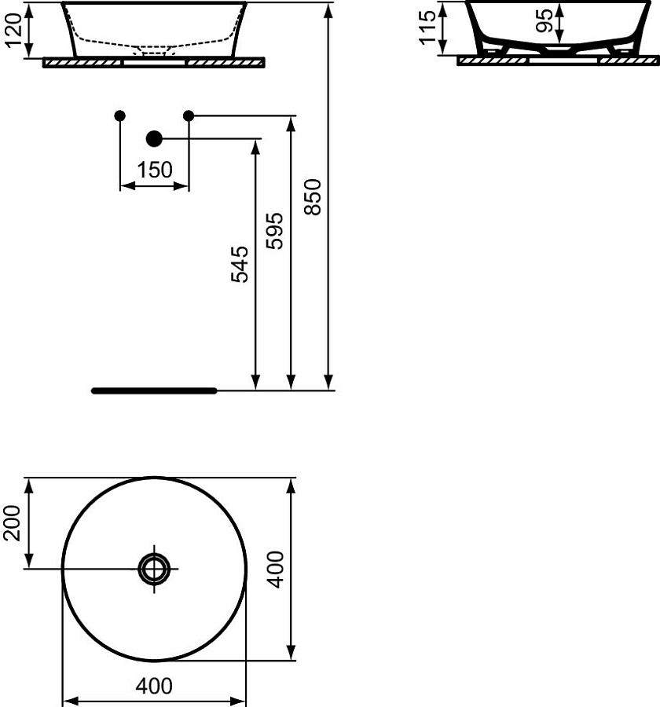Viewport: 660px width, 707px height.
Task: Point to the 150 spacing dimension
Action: click(x=154, y=170)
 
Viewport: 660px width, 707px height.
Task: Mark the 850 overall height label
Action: click(x=313, y=196)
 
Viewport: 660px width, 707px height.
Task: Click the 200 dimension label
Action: click(x=13, y=523)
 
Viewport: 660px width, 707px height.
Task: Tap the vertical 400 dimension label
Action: click(x=275, y=570)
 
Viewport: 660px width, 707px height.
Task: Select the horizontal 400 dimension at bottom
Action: click(x=154, y=686)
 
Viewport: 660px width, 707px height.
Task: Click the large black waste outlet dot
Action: click(x=154, y=139)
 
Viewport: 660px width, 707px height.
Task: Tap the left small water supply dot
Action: click(x=119, y=116)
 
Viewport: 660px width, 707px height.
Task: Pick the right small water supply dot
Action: click(x=189, y=116)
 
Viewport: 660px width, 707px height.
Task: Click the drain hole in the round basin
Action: click(x=154, y=567)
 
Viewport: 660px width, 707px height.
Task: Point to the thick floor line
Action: click(x=154, y=390)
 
